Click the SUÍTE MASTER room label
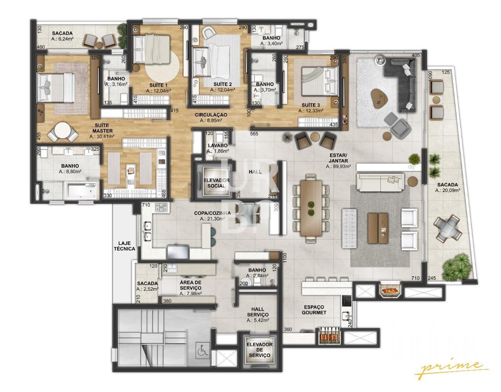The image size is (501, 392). [x=103, y=128]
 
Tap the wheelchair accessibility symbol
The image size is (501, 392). [x=202, y=351]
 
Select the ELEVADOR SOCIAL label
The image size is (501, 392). [x=216, y=183]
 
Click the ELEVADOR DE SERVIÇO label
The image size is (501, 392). [x=260, y=350]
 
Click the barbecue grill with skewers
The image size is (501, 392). [x=329, y=337]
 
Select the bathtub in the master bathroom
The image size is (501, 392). [x=82, y=190]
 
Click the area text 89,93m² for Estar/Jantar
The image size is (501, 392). [x=339, y=166]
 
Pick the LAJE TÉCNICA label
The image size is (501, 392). [x=124, y=246]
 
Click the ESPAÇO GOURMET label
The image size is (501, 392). [x=314, y=310]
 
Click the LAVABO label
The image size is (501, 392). [x=218, y=145]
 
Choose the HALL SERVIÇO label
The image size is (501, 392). [x=258, y=312]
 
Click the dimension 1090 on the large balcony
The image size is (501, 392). [x=430, y=75]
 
